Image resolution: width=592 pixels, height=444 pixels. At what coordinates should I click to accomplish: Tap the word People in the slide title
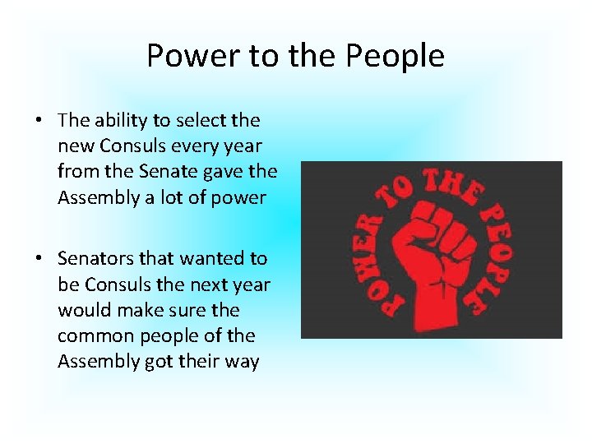pyautogui.click(x=395, y=56)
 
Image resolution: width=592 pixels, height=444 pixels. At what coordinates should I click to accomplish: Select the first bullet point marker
pyautogui.click(x=39, y=121)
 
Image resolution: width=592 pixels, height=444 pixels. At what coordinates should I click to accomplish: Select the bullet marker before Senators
pyautogui.click(x=39, y=259)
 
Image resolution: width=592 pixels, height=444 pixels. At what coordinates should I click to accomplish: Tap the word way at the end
pyautogui.click(x=242, y=362)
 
